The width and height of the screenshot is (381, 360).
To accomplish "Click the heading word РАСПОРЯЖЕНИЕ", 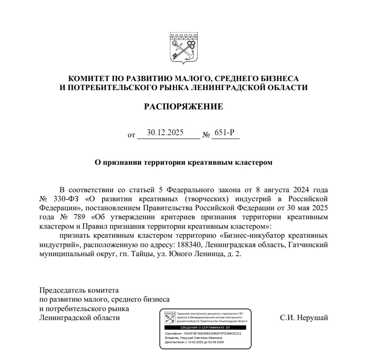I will point(184,106).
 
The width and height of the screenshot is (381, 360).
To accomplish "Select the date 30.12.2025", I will point(165,133).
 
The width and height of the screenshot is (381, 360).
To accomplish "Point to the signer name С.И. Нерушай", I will point(304,318).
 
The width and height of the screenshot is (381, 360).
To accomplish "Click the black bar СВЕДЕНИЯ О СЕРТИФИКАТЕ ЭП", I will point(205,327).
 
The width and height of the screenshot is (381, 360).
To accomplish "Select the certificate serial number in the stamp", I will point(213,333).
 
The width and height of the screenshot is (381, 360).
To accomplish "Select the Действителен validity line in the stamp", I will point(195,342).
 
